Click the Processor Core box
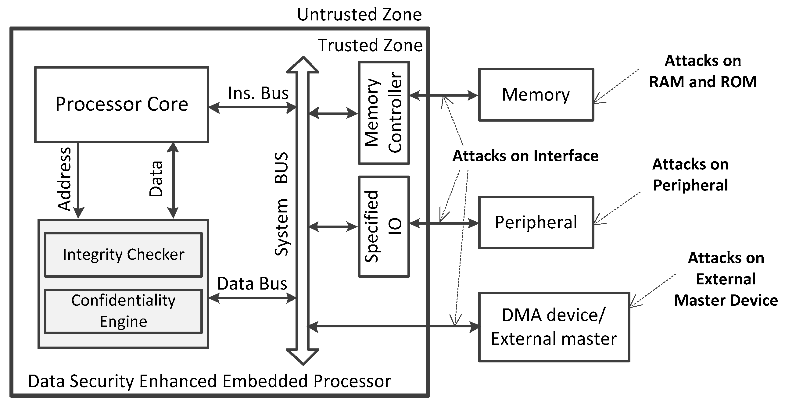122,105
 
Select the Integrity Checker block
123,255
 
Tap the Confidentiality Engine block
123,311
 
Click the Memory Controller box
384,113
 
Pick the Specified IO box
384,226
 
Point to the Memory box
536,95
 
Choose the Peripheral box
536,223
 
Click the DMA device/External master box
554,327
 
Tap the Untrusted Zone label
359,15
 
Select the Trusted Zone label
370,45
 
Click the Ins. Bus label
258,93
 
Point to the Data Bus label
252,284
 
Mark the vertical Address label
65,179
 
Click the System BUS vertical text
281,204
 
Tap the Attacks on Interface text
525,156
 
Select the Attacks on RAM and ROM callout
703,71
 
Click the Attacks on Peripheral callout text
690,175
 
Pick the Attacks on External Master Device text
726,279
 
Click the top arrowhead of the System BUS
303,65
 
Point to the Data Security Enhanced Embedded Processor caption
210,381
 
